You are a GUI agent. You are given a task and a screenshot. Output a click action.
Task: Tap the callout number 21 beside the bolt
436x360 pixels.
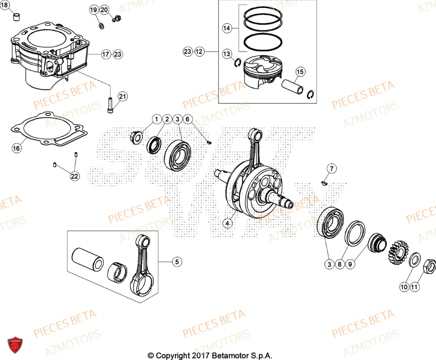tap(123, 96)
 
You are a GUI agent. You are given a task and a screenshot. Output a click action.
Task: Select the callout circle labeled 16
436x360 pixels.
tap(16, 149)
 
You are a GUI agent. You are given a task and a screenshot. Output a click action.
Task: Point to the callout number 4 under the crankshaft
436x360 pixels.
tap(227, 223)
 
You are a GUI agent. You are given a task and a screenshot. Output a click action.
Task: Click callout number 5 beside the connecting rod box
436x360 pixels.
tap(177, 262)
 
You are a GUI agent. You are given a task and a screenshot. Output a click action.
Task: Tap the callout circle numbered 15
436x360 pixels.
tap(300, 72)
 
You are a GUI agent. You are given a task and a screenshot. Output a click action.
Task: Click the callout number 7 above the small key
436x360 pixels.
tap(331, 168)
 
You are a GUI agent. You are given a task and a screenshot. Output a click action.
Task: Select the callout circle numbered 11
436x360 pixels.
tap(414, 287)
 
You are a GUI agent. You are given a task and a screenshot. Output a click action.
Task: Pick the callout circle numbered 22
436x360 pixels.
tap(75, 176)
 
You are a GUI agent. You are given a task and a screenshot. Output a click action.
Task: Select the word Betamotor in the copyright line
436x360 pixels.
tap(229, 355)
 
